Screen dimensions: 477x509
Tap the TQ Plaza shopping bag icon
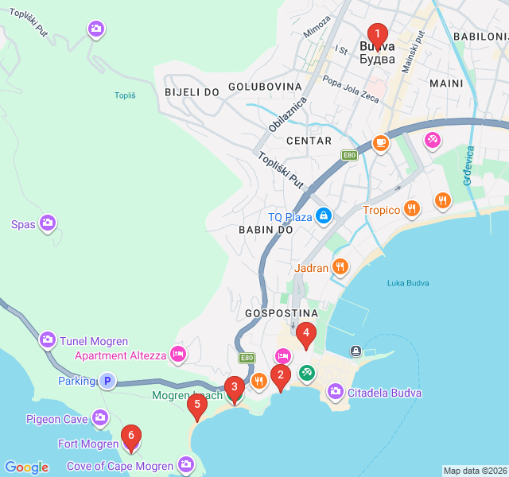point(324,215)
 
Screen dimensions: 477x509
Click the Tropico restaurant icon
point(411,209)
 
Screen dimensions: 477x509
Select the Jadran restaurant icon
point(340,267)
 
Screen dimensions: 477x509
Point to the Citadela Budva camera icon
point(335,391)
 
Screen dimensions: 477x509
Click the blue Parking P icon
point(107,381)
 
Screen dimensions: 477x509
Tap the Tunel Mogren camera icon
point(48,340)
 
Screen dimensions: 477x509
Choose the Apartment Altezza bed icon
point(178,354)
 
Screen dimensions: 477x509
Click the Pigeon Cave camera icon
point(99,417)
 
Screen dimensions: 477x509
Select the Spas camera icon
point(48,223)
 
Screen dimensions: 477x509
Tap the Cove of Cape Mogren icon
point(185,463)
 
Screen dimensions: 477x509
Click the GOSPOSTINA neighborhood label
point(282,313)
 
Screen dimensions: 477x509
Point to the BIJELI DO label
point(192,92)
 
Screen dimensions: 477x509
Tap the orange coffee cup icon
point(381,143)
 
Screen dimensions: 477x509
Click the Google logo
point(26,467)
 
